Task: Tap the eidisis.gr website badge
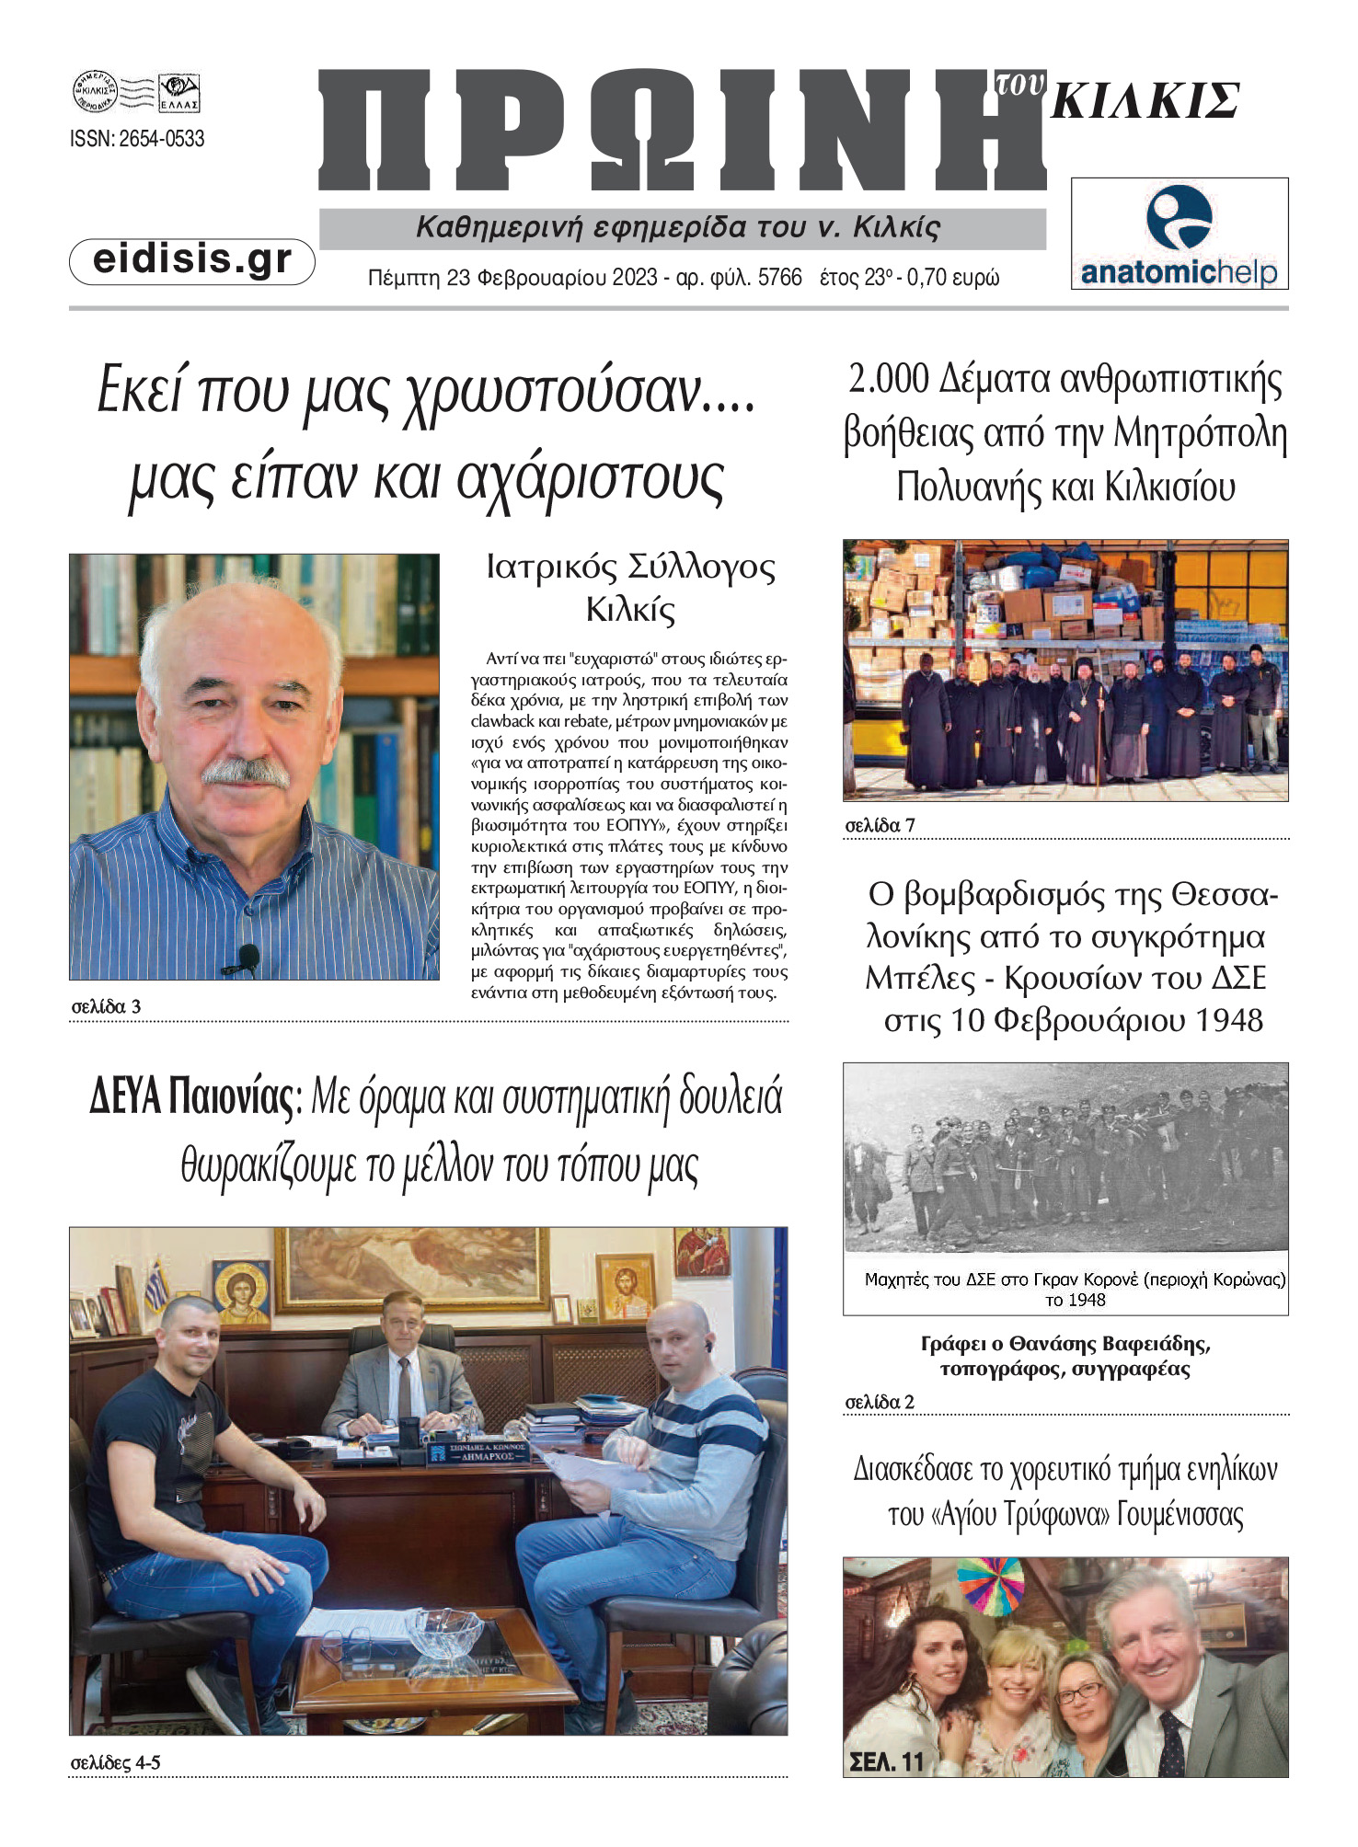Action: point(192,260)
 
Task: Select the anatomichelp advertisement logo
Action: point(1179,234)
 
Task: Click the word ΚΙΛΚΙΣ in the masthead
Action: point(1145,101)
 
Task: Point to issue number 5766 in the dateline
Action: point(779,278)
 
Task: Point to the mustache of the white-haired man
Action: point(245,771)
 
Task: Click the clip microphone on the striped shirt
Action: point(246,958)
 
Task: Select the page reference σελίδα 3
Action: point(106,1006)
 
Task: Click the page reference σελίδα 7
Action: point(880,825)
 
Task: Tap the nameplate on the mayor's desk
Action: point(477,1452)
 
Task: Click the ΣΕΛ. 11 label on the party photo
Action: point(886,1761)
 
